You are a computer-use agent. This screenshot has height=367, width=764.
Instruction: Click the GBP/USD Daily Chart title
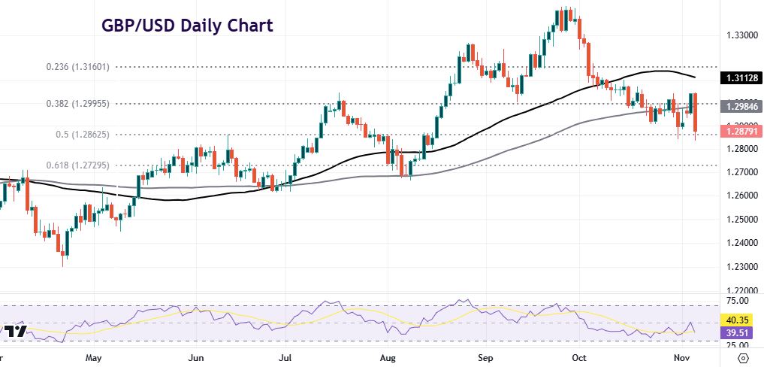[x=187, y=26]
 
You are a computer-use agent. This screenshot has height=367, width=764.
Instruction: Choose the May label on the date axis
[x=93, y=357]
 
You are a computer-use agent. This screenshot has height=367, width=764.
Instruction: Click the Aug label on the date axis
[x=388, y=357]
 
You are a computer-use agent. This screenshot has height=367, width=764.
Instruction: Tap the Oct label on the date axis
[x=578, y=357]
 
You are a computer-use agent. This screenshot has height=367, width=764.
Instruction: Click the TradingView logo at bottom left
[x=14, y=332]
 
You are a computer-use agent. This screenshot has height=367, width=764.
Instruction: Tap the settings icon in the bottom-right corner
[x=744, y=357]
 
